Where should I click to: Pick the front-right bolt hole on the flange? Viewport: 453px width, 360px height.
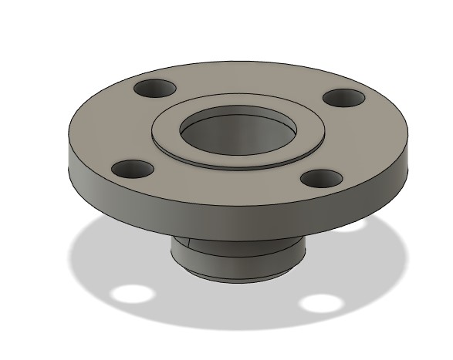[321, 178]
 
